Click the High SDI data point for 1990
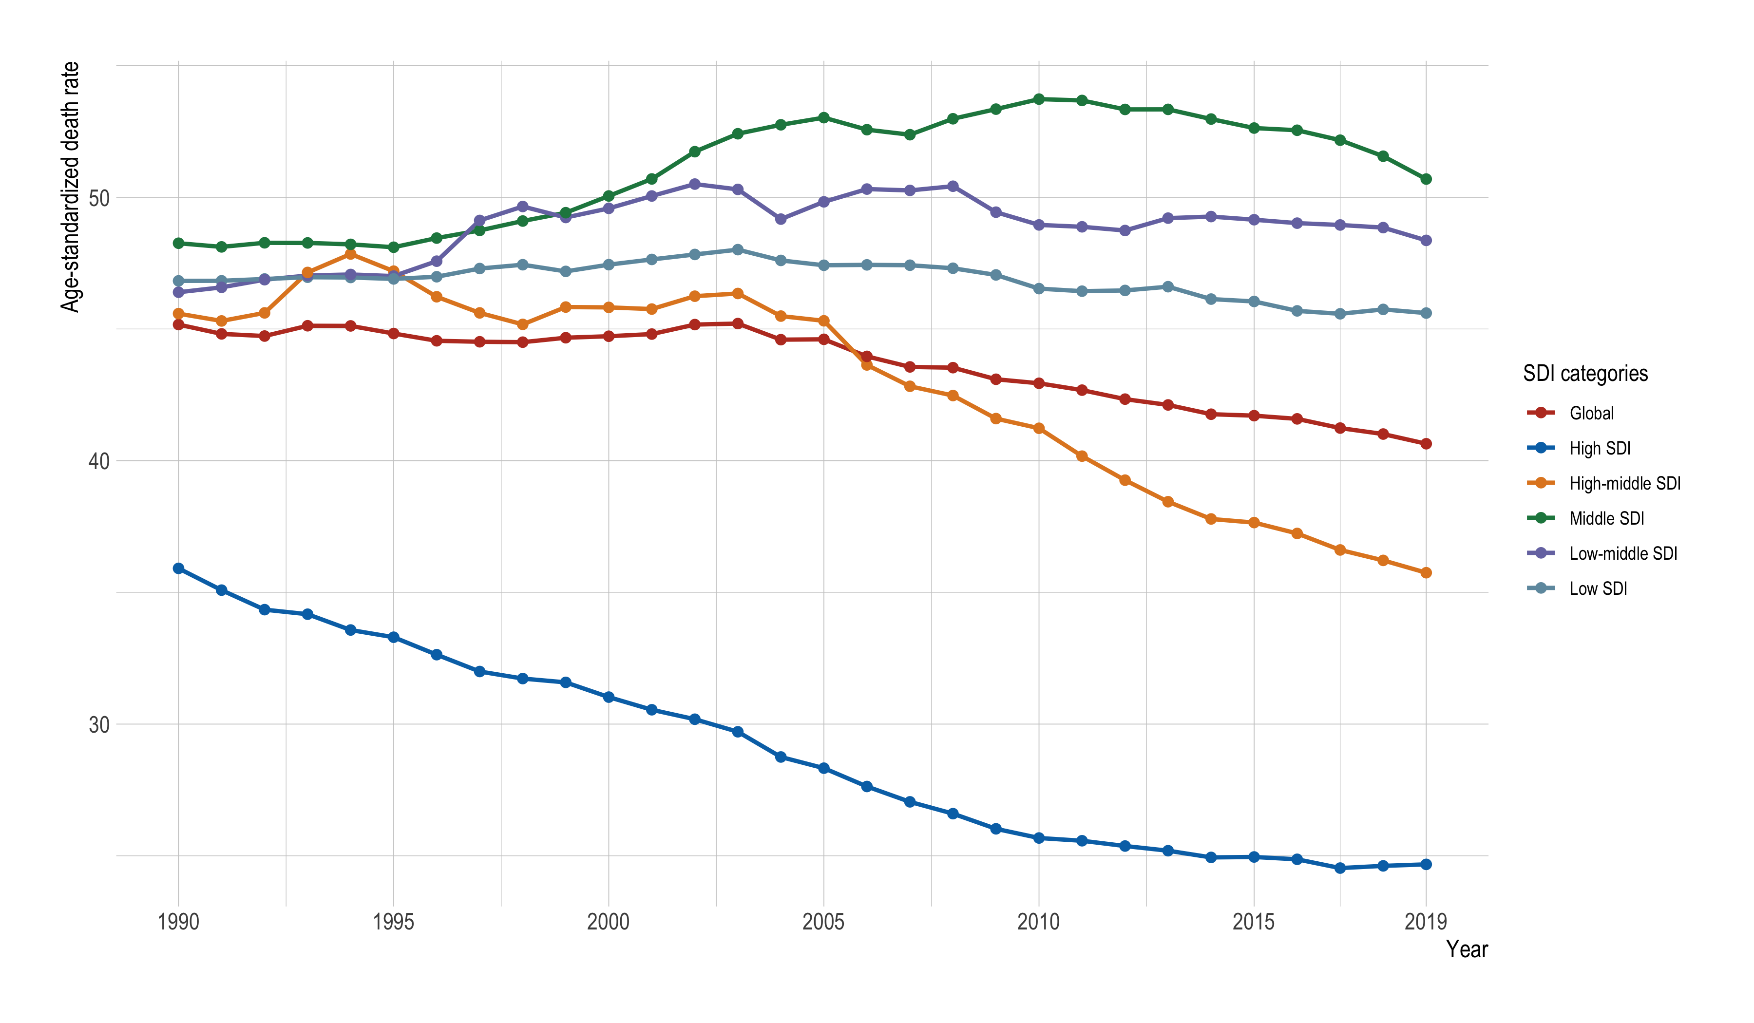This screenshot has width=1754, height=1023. point(179,568)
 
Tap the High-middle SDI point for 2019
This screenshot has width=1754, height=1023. point(1426,573)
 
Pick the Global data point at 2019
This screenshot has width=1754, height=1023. point(1426,444)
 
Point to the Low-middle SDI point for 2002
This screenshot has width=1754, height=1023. point(695,185)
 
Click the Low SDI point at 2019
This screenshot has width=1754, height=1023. point(1426,313)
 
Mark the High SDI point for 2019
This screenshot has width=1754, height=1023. point(1426,864)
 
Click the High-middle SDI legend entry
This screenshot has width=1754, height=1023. point(1624,484)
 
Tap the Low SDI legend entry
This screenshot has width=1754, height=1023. point(1598,589)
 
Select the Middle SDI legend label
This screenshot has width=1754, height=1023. point(1606,518)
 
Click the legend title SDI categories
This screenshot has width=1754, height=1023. point(1585,374)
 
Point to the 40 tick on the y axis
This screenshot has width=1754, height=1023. point(99,461)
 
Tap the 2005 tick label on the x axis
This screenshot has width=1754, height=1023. point(823,922)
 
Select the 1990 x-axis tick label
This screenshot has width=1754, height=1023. point(179,922)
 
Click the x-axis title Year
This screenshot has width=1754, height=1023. point(1467,949)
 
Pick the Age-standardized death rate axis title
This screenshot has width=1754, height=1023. point(70,187)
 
